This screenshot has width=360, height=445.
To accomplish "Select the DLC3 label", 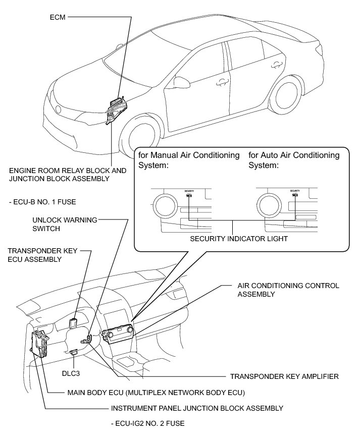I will pyautogui.click(x=72, y=374).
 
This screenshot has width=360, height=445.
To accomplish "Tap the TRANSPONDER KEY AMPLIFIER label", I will pyautogui.click(x=284, y=376).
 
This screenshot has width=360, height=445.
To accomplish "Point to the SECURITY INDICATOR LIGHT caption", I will pyautogui.click(x=232, y=239).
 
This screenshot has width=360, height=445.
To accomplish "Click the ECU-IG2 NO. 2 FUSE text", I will pyautogui.click(x=147, y=424).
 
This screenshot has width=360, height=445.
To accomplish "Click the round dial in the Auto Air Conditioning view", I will pyautogui.click(x=269, y=205).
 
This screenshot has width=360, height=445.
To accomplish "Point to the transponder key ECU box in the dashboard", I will pyautogui.click(x=74, y=322).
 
